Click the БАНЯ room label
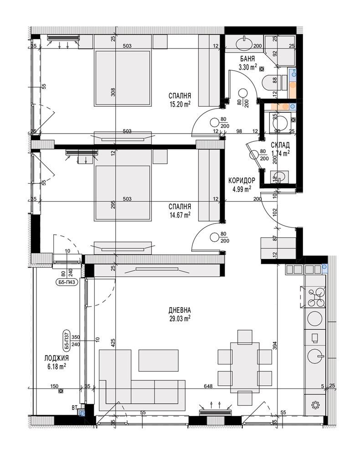point(247,59)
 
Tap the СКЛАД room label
point(280,145)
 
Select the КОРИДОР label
point(242,181)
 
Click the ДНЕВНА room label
point(180,310)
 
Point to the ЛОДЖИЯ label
point(57,358)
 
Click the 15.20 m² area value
point(180,104)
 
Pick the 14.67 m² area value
point(180,215)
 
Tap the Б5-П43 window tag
point(67,282)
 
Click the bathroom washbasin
point(244,44)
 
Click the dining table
point(245,367)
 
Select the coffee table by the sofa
point(158,360)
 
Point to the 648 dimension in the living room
point(208,386)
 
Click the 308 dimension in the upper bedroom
point(113,92)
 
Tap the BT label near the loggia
point(75,408)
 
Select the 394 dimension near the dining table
point(275,345)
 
